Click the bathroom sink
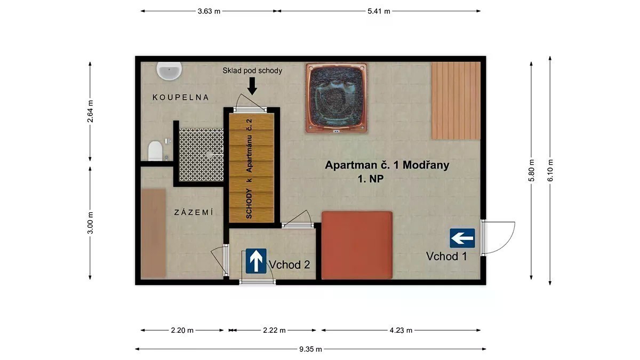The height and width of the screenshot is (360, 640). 169,71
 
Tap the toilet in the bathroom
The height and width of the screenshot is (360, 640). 155,150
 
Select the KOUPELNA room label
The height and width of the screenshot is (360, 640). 181,98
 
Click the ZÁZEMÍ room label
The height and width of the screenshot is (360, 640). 194,212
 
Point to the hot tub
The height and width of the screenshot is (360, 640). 337,98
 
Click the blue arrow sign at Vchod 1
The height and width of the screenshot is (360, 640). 462,238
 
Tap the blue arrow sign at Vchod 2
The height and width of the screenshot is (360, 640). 256,261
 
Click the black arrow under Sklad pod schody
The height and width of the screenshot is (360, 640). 252,86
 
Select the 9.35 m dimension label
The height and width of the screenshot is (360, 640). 310,349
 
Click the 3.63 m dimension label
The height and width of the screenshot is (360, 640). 209,11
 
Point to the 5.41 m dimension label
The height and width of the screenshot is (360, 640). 379,11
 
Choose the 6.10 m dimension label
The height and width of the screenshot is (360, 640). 550,170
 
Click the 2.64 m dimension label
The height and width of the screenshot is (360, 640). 90,111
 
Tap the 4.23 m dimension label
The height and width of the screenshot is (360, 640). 401,331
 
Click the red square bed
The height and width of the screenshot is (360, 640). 357,245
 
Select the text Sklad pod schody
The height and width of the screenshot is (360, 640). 252,70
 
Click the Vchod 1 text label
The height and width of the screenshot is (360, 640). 446,257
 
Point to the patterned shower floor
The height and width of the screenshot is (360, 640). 202,155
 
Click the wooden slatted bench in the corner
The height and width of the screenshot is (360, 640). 456,101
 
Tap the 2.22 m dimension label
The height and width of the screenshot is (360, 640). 274,331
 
